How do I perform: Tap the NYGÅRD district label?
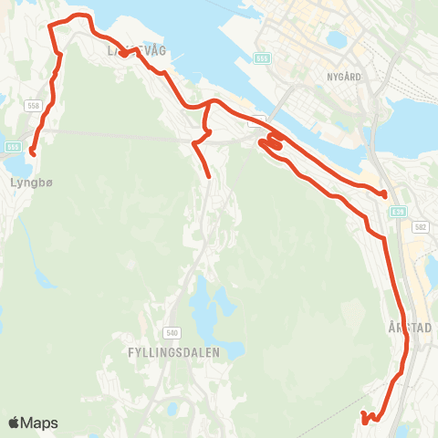[348, 78]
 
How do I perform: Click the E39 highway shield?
[397, 211]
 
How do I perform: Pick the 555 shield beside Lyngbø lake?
[13, 146]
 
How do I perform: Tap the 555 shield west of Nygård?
[263, 57]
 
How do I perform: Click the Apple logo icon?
[15, 422]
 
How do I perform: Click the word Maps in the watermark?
[40, 422]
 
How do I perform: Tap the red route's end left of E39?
[385, 194]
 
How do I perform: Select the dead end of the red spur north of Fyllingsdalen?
[209, 176]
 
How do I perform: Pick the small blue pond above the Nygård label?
[337, 39]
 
